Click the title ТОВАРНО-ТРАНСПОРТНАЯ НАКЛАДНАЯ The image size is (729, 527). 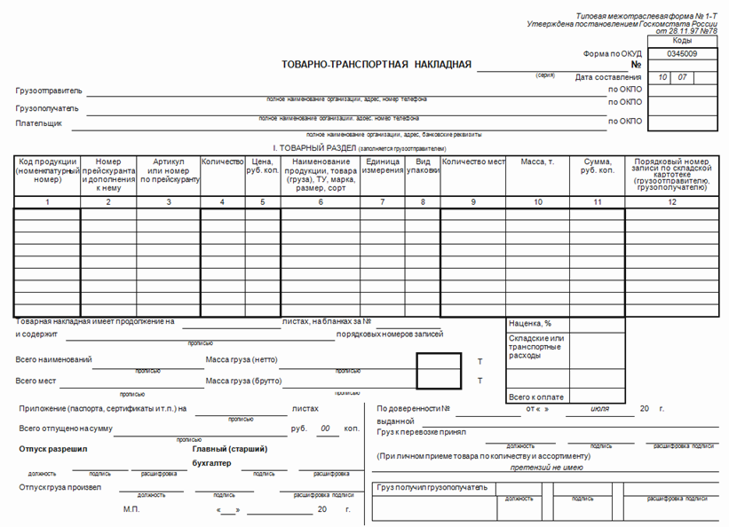376,65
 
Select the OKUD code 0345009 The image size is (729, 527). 682,54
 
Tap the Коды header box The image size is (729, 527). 682,41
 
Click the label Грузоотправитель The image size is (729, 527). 49,90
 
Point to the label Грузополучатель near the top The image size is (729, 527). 47,108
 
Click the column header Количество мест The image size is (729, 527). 473,162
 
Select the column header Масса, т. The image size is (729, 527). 537,162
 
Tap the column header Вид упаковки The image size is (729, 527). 423,167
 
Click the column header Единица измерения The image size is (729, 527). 383,167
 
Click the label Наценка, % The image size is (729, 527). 530,324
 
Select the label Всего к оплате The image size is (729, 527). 536,397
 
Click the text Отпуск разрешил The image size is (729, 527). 53,449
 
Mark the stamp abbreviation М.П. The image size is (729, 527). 131,510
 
